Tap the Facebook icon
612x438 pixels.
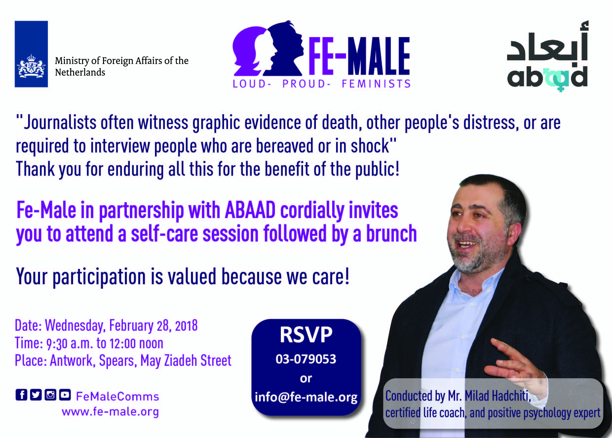pyautogui.click(x=21, y=395)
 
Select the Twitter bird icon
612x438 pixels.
pyautogui.click(x=36, y=395)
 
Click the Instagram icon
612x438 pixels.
pyautogui.click(x=50, y=395)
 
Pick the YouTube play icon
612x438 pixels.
pyautogui.click(x=65, y=395)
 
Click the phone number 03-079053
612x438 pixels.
pyautogui.click(x=306, y=359)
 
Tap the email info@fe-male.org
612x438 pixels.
pyautogui.click(x=306, y=397)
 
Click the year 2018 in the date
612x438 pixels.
pyautogui.click(x=186, y=326)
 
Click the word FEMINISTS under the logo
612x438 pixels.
pyautogui.click(x=376, y=84)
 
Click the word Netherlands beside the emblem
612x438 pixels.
pyautogui.click(x=80, y=72)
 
